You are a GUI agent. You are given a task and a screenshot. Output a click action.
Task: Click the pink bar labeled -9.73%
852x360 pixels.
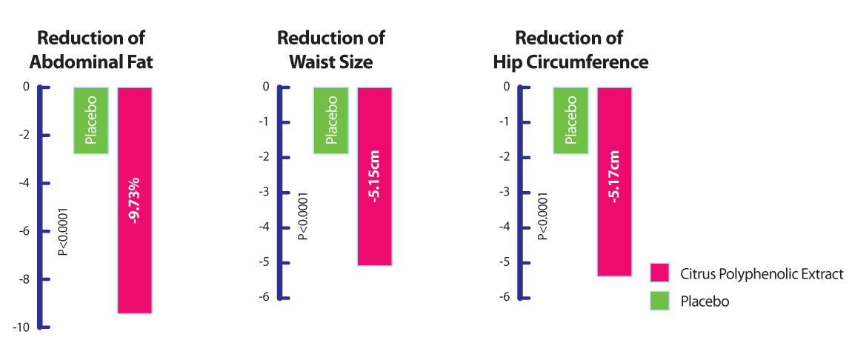click(x=134, y=200)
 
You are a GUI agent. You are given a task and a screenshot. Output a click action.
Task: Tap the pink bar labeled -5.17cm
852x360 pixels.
click(x=614, y=181)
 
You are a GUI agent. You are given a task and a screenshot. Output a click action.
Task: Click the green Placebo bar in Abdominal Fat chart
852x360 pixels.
click(x=91, y=120)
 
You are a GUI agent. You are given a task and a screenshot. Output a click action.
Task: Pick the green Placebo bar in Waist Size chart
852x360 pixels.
click(x=330, y=120)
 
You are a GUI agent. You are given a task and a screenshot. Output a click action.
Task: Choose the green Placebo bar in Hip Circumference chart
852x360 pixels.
click(x=570, y=120)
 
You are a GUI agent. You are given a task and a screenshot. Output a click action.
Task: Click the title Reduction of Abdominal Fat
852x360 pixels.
click(x=95, y=50)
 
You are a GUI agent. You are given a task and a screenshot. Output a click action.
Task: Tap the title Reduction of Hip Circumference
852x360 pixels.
click(x=570, y=50)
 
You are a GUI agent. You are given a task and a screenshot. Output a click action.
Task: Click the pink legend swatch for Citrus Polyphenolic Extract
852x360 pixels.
click(x=659, y=273)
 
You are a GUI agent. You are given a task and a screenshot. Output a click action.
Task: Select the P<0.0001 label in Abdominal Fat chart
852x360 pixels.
click(x=64, y=232)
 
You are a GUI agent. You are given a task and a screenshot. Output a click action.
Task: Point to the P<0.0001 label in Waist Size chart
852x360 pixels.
click(x=303, y=216)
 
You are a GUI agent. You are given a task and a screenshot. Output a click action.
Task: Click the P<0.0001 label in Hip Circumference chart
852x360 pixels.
click(x=543, y=216)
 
